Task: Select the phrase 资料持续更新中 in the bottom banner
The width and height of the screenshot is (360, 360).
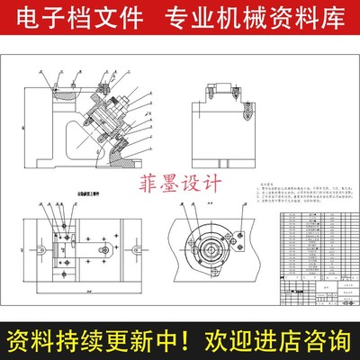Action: pos(90,341)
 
